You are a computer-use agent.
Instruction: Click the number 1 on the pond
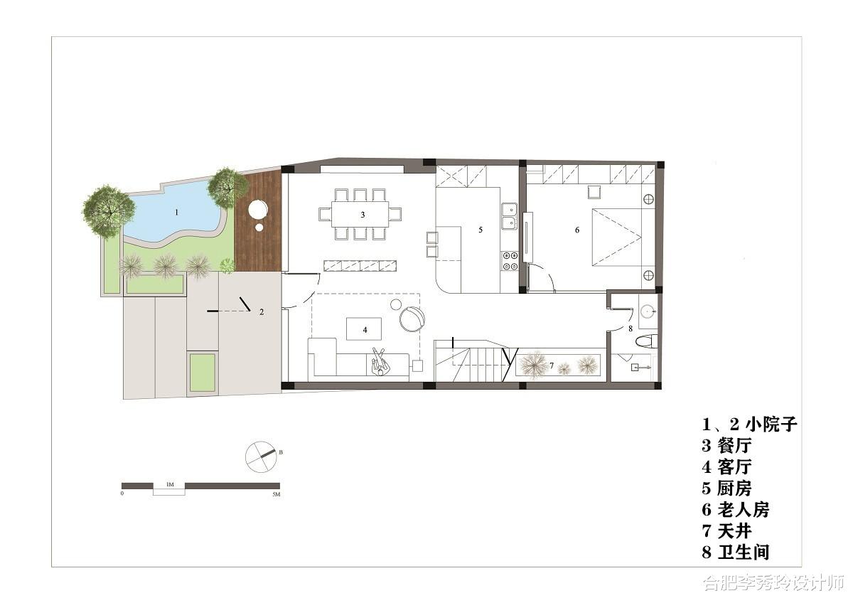point(176,212)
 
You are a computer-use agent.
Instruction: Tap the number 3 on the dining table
point(363,215)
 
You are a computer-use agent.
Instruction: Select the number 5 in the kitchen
point(481,230)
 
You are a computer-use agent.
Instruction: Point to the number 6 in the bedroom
point(577,230)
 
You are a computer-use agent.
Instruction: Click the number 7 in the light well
point(552,365)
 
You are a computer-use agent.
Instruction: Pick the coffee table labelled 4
point(364,329)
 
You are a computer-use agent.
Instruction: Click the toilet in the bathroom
point(647,341)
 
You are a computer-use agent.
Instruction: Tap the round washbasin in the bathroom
point(648,311)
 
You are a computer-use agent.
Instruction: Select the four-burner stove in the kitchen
point(510,261)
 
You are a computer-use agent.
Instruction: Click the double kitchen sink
point(509,217)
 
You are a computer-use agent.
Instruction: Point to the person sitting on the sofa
point(380,362)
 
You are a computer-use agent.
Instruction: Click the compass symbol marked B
point(261,457)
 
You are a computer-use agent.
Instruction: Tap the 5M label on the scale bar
point(276,494)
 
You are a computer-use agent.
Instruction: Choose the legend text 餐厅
point(734,446)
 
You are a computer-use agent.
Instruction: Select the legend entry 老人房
point(743,510)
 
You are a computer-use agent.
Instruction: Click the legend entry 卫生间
point(743,553)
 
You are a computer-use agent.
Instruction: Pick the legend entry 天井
point(734,531)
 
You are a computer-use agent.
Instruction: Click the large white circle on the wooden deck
point(258,210)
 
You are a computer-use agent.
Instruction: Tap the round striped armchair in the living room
point(412,319)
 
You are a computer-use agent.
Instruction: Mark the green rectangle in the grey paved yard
point(203,373)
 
